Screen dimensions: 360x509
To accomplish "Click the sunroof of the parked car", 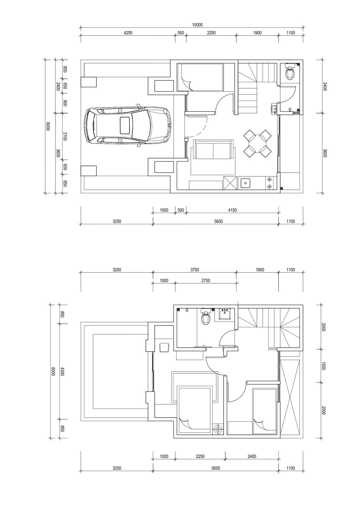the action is click(126, 125).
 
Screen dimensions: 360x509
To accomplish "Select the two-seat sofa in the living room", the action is click(213, 149).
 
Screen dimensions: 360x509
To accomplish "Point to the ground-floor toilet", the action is click(290, 71).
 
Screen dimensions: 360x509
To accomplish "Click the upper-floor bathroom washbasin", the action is click(225, 314).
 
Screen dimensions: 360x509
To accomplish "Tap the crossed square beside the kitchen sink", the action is click(230, 183).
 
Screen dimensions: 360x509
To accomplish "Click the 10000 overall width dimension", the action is click(197, 25).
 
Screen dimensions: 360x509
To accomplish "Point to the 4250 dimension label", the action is click(128, 33).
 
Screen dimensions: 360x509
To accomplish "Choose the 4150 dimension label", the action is click(232, 210).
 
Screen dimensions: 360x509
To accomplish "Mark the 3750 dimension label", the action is click(194, 270).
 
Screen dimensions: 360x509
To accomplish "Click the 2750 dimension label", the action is click(206, 281).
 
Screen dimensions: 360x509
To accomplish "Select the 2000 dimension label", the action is click(324, 327).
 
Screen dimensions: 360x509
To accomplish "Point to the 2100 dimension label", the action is click(65, 136).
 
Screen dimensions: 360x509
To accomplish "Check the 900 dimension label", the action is click(65, 103).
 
